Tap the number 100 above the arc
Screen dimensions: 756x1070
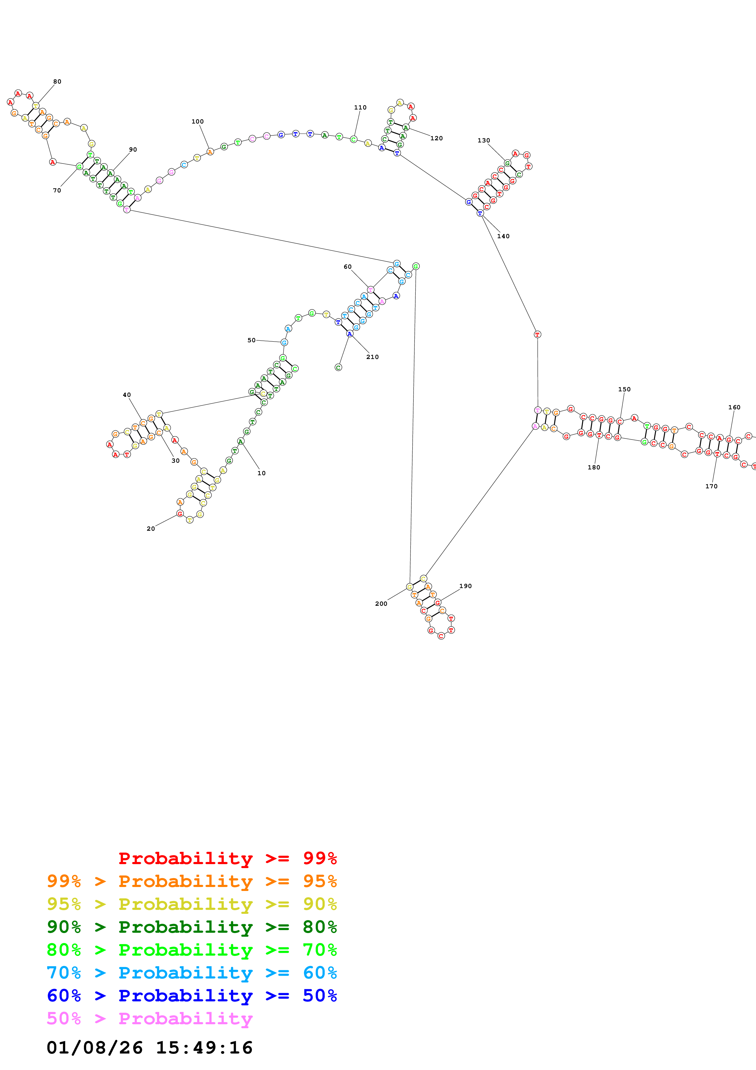coord(198,122)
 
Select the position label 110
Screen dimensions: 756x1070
coord(360,108)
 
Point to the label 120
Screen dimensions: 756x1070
coord(436,138)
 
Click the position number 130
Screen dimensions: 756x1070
coord(483,140)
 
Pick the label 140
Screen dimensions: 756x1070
coord(503,236)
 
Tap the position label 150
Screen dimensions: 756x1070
coord(624,389)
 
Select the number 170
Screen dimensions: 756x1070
coord(711,486)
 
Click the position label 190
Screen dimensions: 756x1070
coord(465,586)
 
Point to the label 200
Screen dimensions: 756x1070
coord(381,604)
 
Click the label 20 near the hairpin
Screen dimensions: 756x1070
coord(150,529)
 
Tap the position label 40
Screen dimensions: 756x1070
coord(127,395)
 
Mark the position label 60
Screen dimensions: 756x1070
coord(347,267)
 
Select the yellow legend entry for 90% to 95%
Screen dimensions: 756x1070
coord(192,904)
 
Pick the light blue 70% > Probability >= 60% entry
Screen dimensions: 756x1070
coord(192,973)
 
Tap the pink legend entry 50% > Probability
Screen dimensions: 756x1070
coord(150,1018)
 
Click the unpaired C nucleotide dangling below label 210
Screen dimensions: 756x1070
coord(338,367)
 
